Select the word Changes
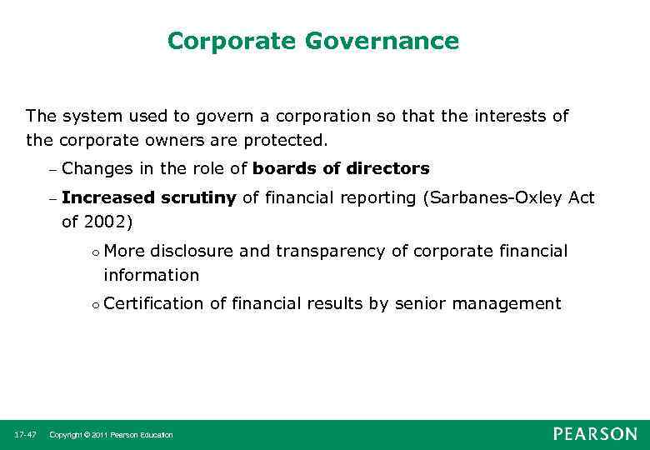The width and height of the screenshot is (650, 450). click(97, 168)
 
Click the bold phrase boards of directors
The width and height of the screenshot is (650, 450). click(341, 168)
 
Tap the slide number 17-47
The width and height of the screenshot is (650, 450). click(25, 435)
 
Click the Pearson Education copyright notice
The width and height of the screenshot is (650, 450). click(112, 435)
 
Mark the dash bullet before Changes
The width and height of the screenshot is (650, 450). click(52, 169)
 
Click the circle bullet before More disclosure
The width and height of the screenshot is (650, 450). click(96, 252)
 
